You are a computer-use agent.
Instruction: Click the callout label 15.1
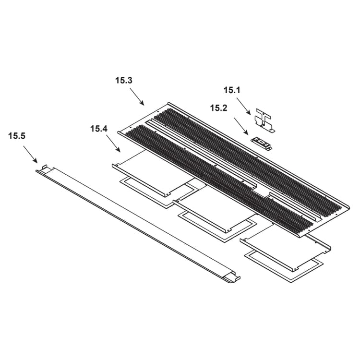click(x=232, y=90)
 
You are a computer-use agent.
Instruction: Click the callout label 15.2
click(x=219, y=108)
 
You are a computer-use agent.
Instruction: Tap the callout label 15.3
click(x=124, y=81)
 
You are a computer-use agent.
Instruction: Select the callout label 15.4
click(x=99, y=129)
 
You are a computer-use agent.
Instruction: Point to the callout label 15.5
click(x=17, y=136)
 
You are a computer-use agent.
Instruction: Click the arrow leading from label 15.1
click(x=243, y=106)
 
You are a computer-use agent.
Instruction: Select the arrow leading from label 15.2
click(x=241, y=126)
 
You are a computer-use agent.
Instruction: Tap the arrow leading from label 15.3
click(x=137, y=96)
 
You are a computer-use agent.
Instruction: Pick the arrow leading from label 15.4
click(x=113, y=144)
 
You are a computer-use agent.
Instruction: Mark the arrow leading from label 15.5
click(x=30, y=154)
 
